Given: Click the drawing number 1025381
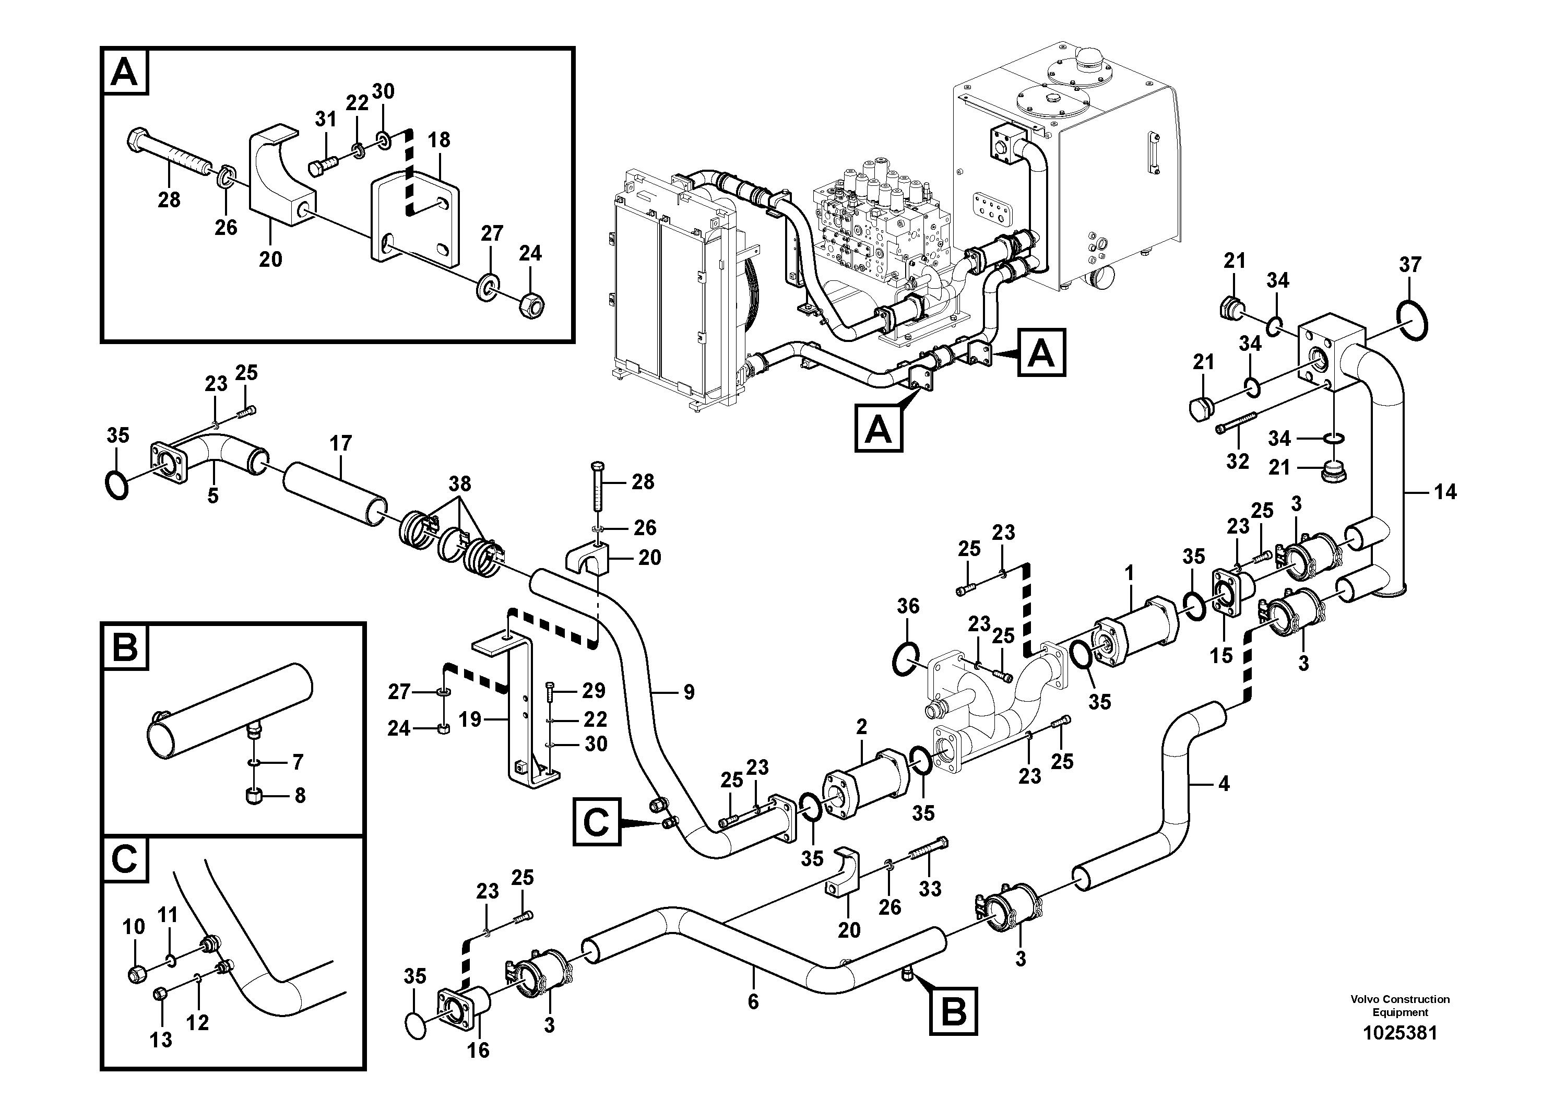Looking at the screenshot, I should point(1399,1052).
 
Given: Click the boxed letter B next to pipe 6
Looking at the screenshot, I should point(954,1011).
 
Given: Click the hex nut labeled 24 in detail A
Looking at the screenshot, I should point(532,306).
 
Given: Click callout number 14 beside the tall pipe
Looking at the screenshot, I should point(1445,492).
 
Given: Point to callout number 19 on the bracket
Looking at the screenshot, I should point(470,719).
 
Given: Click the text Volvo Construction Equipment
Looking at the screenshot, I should point(1399,1005).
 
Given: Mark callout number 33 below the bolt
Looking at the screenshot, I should point(930,889).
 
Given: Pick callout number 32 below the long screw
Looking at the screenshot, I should point(1237,462).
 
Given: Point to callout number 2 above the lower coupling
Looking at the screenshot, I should point(861,727).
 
